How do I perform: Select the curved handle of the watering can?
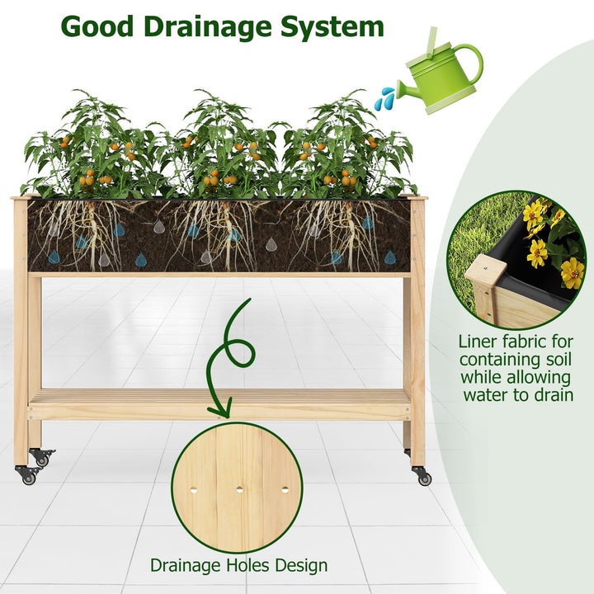coord(469,61)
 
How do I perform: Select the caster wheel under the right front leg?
coord(423,477)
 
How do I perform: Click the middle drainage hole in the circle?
coord(239,489)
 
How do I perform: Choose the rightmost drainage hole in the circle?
coord(285,489)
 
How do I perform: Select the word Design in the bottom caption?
coord(299,566)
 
